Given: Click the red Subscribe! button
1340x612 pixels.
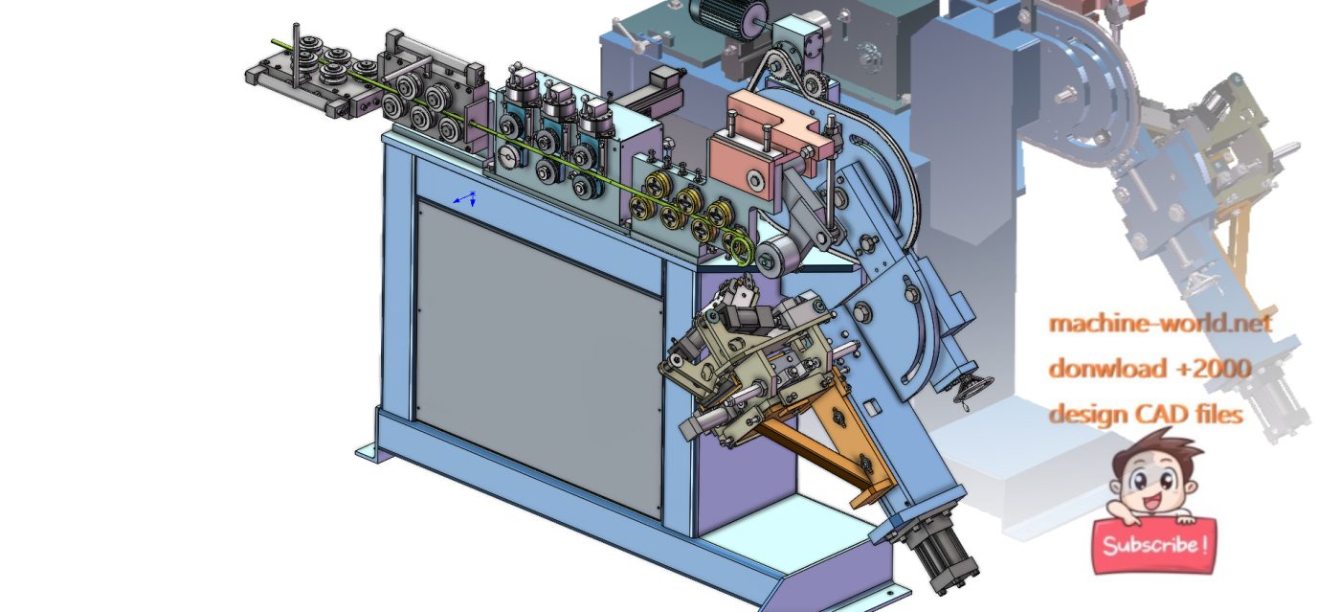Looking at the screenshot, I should pos(1153,545).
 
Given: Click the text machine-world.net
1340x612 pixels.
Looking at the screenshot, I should pos(1160,323).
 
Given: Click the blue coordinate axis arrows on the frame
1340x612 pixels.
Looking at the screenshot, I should pos(466,198).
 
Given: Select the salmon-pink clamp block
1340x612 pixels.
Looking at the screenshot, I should pos(771,129).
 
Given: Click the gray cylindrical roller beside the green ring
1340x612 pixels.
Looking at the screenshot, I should pos(776,256).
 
